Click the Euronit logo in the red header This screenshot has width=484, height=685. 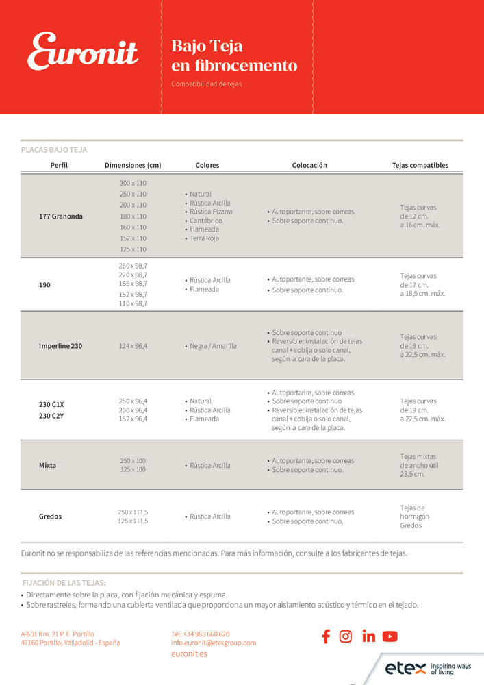(x=83, y=52)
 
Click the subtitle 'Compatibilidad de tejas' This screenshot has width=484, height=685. (x=206, y=84)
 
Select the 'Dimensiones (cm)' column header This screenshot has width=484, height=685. (x=133, y=165)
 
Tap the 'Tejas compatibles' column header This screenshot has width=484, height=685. (x=420, y=165)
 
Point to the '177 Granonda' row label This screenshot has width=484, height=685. (x=61, y=216)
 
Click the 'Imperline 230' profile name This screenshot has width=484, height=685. (x=60, y=346)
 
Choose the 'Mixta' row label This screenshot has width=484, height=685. (x=48, y=465)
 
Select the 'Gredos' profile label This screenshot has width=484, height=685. (x=50, y=516)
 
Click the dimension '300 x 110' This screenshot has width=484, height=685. (x=133, y=183)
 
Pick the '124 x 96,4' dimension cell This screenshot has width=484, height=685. (x=133, y=346)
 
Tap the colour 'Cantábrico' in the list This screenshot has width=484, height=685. (x=205, y=221)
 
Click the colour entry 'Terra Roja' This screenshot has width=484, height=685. (x=205, y=238)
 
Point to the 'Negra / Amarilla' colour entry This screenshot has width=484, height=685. (x=213, y=346)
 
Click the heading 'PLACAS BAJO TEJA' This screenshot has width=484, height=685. (x=54, y=149)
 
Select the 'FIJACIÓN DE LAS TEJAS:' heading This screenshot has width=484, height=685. (x=64, y=583)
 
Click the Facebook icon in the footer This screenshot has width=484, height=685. (x=326, y=636)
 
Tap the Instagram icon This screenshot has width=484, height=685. (x=346, y=636)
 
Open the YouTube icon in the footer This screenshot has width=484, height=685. (x=390, y=636)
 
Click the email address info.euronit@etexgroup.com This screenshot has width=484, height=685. (x=214, y=643)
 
